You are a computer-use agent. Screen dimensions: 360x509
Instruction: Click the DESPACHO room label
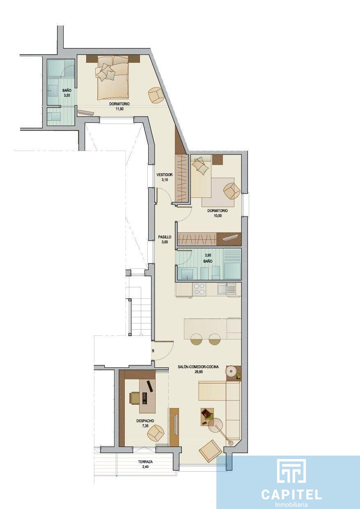pyautogui.click(x=145, y=421)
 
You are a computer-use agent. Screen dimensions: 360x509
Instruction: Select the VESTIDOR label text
pyautogui.click(x=165, y=175)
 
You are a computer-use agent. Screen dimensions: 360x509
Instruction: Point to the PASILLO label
pyautogui.click(x=165, y=237)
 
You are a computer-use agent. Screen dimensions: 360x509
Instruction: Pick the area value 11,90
pyautogui.click(x=119, y=109)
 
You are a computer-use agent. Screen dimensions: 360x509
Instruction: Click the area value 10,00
pyautogui.click(x=217, y=216)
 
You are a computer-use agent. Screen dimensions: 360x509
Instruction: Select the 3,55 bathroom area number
pyautogui.click(x=67, y=95)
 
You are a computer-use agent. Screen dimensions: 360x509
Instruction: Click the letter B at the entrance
pyautogui.click(x=153, y=351)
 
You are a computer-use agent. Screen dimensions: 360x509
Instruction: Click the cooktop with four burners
pyautogui.click(x=199, y=289)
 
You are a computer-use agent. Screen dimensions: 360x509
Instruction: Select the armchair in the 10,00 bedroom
pyautogui.click(x=232, y=192)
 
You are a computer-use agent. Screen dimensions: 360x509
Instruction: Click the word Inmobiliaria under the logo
pyautogui.click(x=291, y=505)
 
